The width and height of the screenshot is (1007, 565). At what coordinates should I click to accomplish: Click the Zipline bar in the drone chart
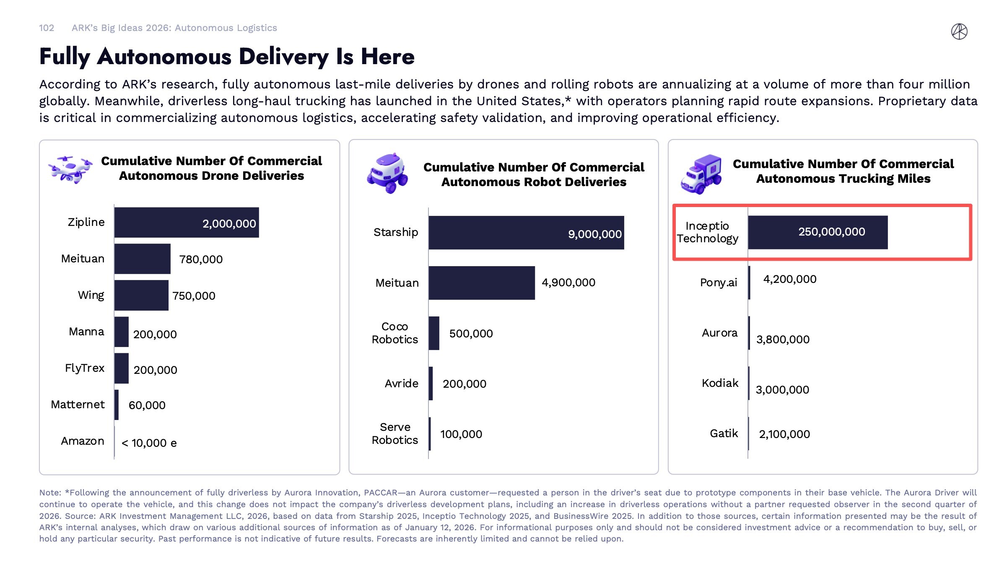(186, 223)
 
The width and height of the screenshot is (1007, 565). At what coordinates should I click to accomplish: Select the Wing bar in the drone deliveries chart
(141, 295)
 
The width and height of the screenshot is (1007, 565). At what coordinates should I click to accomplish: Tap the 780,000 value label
(201, 259)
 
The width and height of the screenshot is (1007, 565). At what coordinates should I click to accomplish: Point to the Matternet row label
(78, 404)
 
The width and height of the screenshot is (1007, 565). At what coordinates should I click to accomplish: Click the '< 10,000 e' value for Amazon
(149, 443)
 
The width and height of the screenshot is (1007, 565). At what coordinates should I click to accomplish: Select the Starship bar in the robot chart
(526, 233)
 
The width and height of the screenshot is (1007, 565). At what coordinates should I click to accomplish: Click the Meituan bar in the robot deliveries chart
(481, 283)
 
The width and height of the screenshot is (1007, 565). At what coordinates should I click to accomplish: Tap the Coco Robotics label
(394, 333)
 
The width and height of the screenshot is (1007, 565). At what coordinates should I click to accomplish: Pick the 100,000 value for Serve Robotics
(461, 434)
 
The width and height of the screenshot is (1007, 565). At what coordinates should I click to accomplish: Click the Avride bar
(431, 384)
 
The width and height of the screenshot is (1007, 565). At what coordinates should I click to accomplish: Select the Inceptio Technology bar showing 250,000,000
(818, 232)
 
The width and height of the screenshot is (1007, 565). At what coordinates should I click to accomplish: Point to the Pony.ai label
(718, 282)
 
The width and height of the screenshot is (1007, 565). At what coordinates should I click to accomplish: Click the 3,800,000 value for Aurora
(783, 340)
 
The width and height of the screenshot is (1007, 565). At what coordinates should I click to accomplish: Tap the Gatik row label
(724, 433)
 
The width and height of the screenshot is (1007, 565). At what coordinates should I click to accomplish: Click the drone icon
(70, 169)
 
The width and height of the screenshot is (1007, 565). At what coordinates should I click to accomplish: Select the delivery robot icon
(388, 173)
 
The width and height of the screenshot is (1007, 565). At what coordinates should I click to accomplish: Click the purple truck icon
(701, 174)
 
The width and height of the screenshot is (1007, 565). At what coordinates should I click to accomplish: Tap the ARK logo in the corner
(959, 31)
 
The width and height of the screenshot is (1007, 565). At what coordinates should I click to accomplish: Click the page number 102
(47, 28)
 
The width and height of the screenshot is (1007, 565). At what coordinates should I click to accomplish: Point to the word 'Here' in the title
(387, 57)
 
